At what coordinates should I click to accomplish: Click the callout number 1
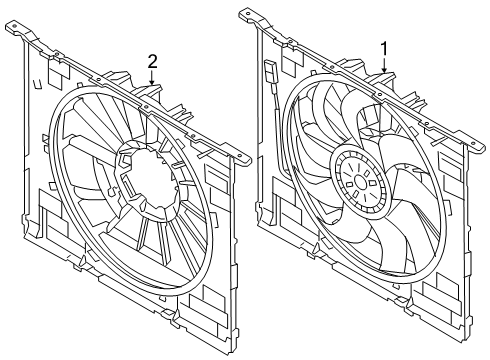385,49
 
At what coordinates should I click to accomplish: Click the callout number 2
152,62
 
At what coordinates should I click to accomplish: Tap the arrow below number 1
385,66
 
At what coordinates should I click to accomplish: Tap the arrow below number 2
152,78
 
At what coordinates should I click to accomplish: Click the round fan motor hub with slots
360,182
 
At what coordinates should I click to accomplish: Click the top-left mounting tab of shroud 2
15,27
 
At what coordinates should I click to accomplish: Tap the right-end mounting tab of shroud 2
241,157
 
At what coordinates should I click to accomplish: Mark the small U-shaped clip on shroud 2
37,84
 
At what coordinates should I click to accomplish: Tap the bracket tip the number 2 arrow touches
153,87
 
